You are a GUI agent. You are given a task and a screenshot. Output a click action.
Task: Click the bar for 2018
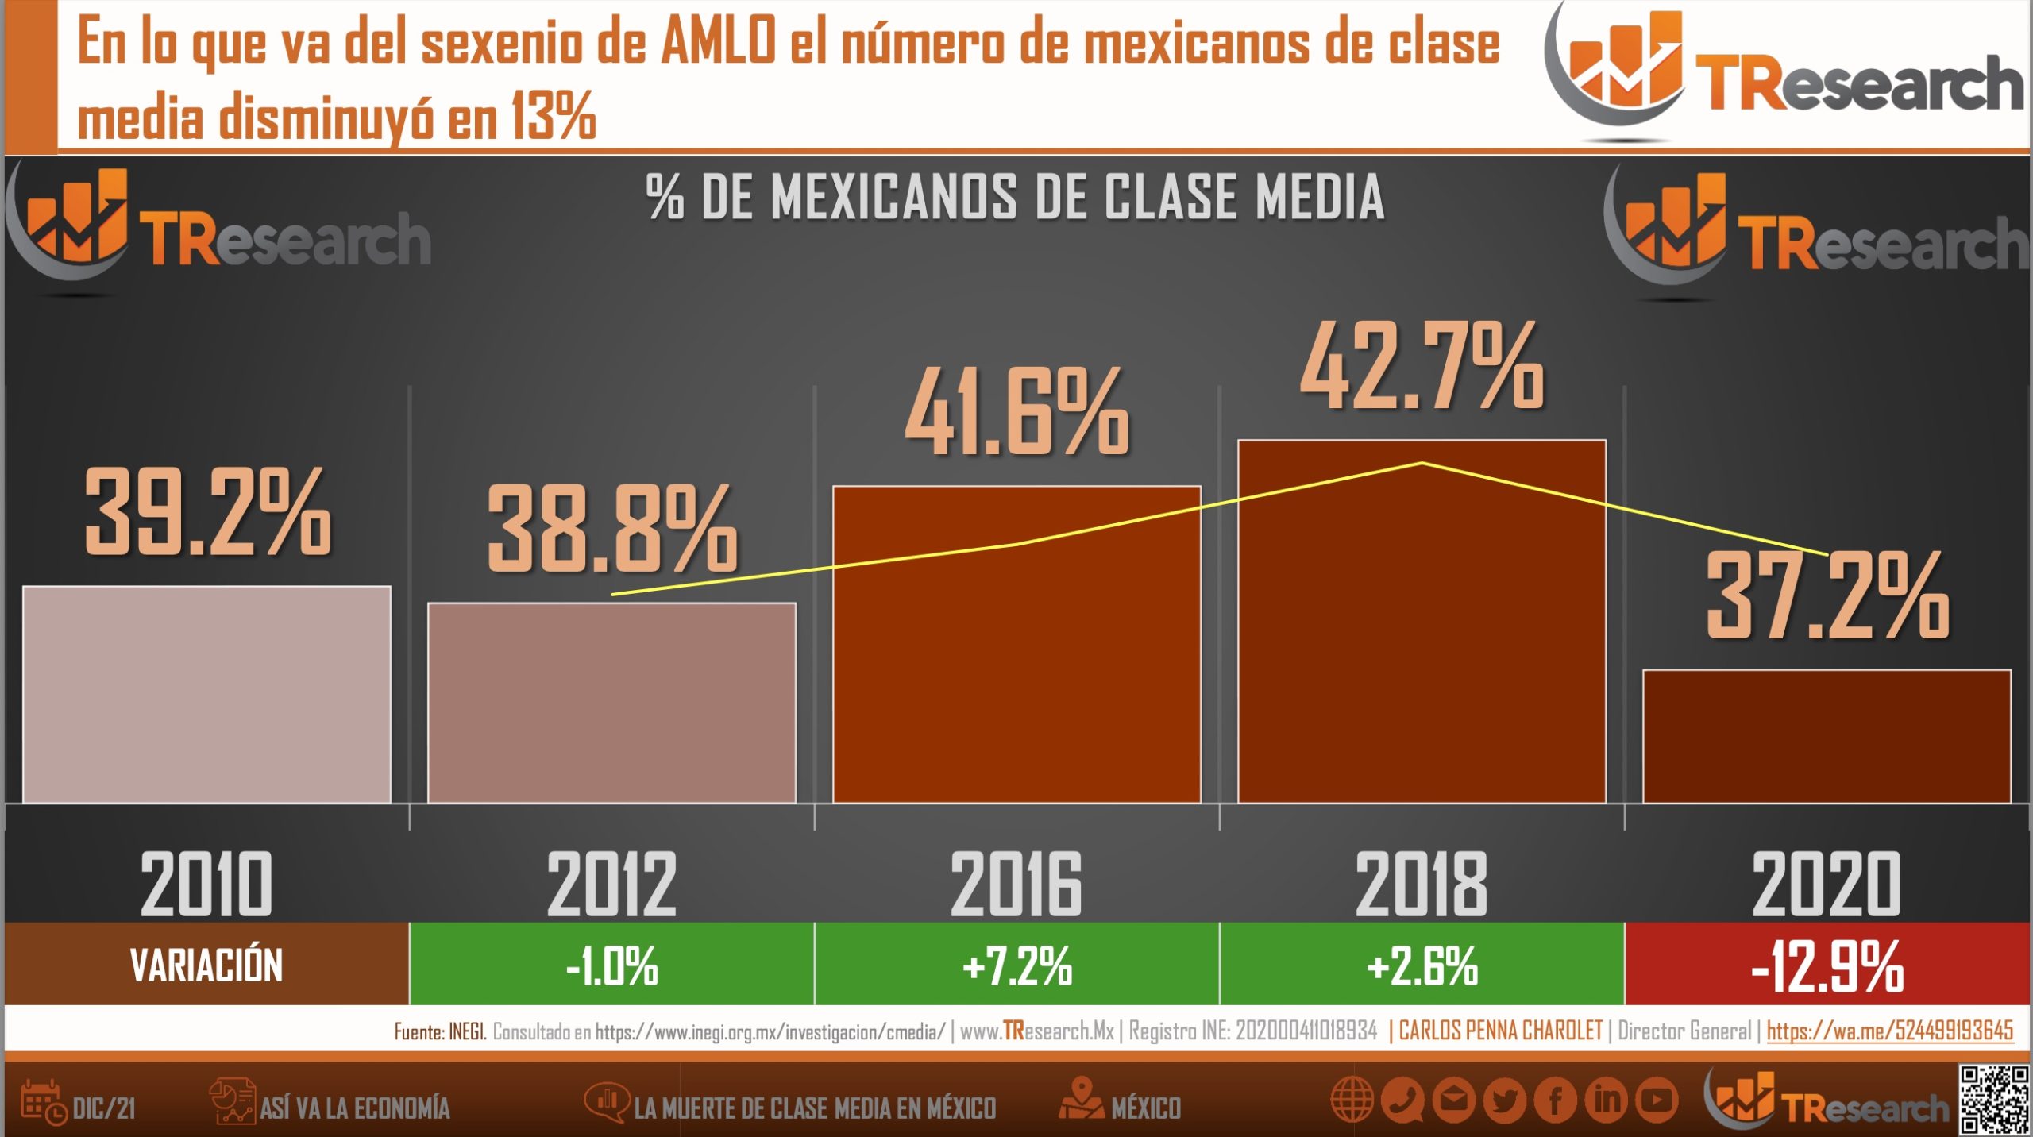1422,635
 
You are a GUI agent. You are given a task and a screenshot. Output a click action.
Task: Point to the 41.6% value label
1016,413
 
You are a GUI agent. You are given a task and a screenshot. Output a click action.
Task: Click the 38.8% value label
612,529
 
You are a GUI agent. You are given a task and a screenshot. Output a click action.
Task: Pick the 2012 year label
611,884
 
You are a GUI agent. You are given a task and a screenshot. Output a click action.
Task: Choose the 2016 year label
1016,884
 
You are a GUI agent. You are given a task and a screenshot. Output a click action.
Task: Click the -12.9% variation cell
1827,965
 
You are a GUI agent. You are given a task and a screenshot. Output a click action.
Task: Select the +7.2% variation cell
1016,965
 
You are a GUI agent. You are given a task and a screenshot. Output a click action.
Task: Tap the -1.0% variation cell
611,965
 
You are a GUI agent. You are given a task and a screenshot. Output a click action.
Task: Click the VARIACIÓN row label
206,965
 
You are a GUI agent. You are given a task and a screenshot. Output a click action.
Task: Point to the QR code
1993,1100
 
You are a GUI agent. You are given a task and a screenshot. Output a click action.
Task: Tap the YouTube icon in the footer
1657,1100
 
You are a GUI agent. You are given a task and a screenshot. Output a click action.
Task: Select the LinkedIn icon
1607,1100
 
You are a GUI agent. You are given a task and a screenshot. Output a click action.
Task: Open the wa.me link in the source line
1889,1031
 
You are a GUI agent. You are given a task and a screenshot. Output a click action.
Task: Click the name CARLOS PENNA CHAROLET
1500,1031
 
